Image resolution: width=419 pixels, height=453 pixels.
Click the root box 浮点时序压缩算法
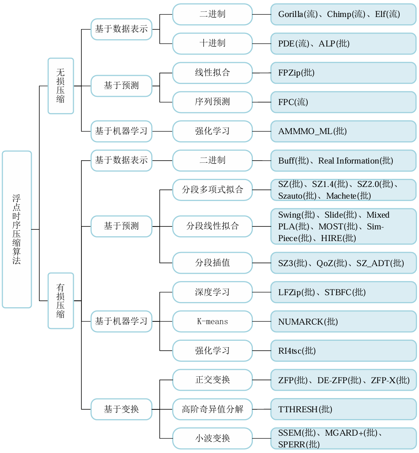[17, 229]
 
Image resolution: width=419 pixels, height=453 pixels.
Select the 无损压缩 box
[60, 86]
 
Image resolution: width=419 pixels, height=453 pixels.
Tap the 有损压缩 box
[60, 300]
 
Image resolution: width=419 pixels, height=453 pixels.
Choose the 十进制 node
[213, 43]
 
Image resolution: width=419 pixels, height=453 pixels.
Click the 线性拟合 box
[213, 73]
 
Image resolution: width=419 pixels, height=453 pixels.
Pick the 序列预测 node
[213, 102]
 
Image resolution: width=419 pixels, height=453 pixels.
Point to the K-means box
[213, 321]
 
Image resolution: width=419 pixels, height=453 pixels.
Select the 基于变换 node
[121, 409]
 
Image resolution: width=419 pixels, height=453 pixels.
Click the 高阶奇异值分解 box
[213, 409]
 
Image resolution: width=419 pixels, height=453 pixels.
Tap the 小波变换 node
[213, 438]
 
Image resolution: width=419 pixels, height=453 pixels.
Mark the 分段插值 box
[213, 263]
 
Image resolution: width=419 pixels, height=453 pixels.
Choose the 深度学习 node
[213, 292]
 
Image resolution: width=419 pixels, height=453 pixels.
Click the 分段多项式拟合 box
[213, 190]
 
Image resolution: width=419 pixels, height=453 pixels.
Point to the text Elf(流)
[387, 15]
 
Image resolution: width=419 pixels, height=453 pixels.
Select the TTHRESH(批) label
[305, 409]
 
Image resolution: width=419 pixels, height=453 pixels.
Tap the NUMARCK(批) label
[308, 322]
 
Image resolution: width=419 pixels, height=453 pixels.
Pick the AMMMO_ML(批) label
[312, 131]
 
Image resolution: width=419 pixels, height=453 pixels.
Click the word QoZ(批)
[331, 263]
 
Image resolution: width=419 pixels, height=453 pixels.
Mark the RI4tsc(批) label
[296, 351]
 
